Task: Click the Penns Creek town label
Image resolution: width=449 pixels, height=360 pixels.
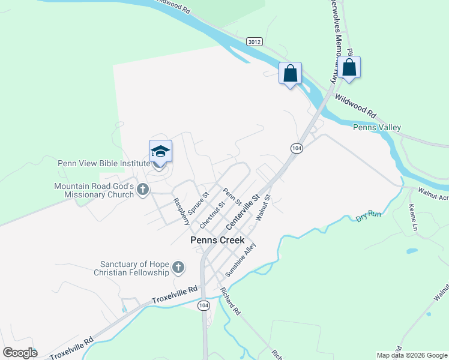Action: [217, 240]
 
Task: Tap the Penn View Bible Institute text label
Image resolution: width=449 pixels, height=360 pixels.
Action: [104, 163]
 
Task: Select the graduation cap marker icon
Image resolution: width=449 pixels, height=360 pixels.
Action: [160, 152]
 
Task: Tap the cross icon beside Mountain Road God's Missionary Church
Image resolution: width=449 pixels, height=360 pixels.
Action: [143, 190]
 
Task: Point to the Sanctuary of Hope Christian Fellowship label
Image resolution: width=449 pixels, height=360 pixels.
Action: [135, 268]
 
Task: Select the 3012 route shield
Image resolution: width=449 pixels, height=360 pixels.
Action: [254, 41]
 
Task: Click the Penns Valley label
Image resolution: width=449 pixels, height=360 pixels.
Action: [376, 127]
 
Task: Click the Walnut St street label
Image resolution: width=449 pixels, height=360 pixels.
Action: [264, 208]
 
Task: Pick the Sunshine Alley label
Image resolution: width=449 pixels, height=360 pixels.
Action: [240, 259]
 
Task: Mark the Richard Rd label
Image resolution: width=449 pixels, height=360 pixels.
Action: [230, 302]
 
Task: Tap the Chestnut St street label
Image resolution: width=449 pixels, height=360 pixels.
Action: [212, 214]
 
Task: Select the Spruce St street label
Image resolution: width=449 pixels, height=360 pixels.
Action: [197, 203]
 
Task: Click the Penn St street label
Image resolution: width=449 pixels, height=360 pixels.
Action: [232, 196]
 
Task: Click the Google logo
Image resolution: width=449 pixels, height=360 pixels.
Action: [20, 353]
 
